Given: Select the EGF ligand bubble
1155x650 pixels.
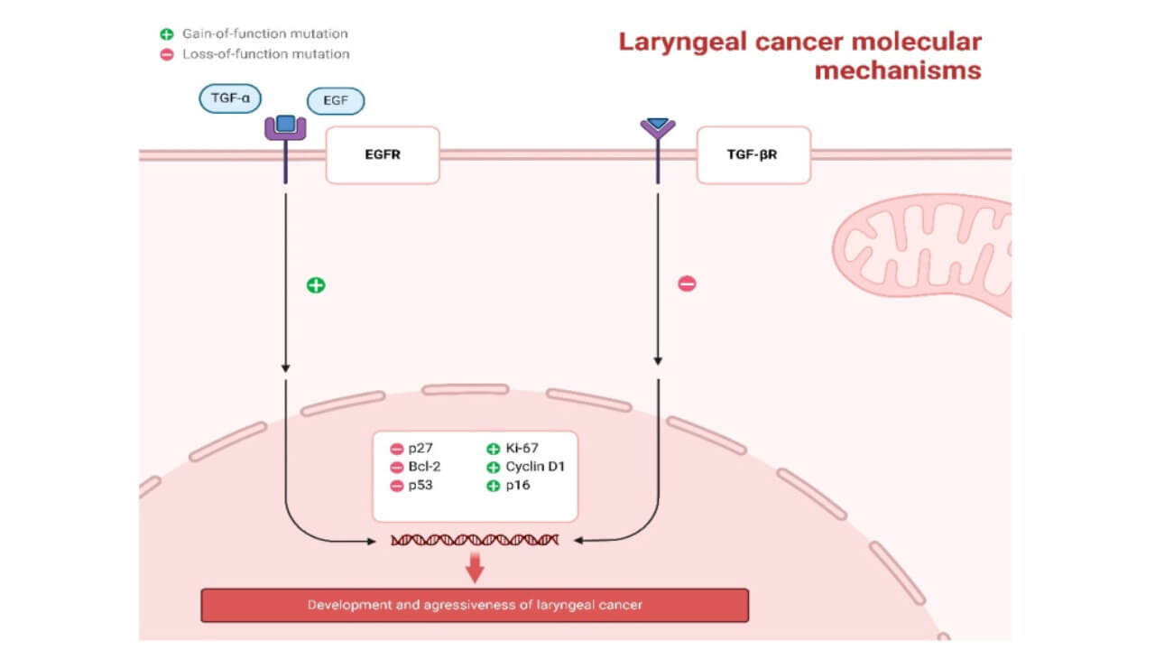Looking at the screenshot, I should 336,101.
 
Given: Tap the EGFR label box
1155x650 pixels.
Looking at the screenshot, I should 382,154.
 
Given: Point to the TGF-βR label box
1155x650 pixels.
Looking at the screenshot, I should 753,154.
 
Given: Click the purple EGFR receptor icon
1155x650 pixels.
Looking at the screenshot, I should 285,128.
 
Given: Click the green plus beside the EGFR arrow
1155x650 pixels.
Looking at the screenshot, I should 316,285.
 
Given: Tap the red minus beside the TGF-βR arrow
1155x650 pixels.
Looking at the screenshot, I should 687,284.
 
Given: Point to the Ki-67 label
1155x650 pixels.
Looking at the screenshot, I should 522,449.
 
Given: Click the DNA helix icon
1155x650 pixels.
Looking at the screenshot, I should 475,540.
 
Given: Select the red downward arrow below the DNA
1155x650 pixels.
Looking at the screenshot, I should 476,566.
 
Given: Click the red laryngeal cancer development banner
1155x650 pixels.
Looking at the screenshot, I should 475,605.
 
